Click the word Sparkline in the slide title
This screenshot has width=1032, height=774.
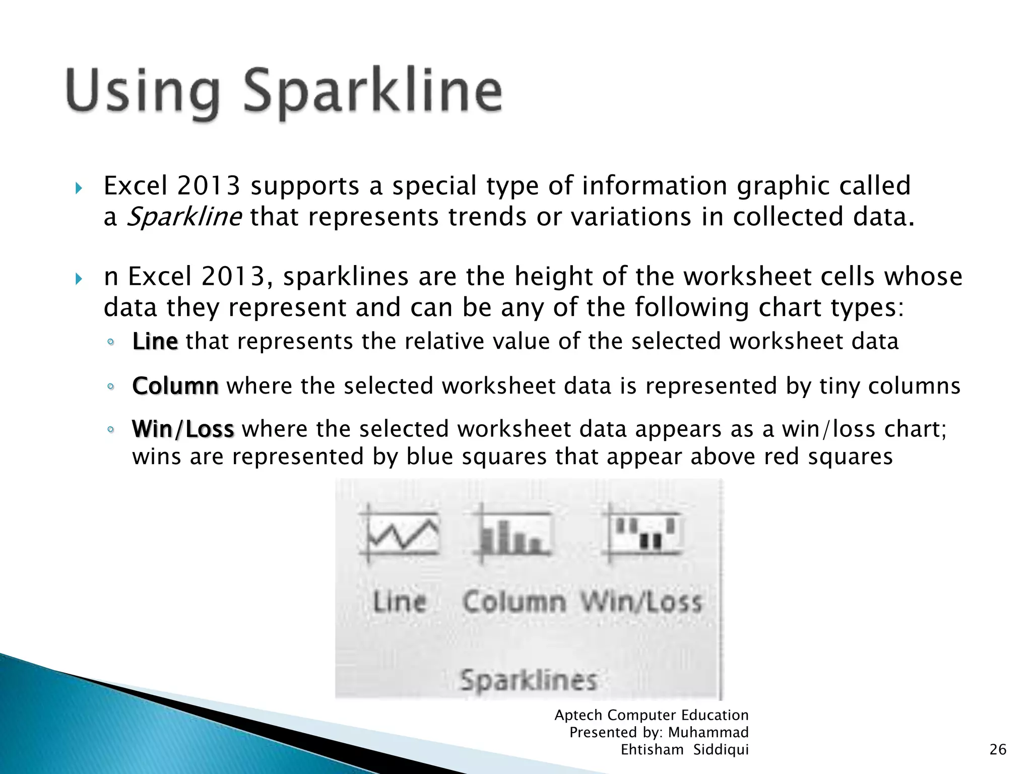(x=373, y=92)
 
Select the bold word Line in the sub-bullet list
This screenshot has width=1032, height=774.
(x=155, y=342)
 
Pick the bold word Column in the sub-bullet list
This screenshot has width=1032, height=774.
(x=175, y=386)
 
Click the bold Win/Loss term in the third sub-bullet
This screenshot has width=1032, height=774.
(x=183, y=429)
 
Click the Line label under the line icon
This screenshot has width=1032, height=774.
(x=400, y=602)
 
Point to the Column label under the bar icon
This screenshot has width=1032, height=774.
(x=514, y=602)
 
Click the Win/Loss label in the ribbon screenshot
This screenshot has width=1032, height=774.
(x=641, y=602)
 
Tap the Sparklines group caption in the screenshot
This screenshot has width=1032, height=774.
(x=528, y=680)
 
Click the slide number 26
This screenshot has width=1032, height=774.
(x=998, y=750)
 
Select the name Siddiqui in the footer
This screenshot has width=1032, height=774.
(x=721, y=750)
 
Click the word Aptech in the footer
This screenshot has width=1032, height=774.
(x=578, y=715)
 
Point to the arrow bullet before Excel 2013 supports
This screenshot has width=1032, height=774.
(x=78, y=189)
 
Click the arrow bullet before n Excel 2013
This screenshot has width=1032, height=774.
(x=78, y=279)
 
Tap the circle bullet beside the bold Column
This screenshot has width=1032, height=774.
(x=111, y=387)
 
